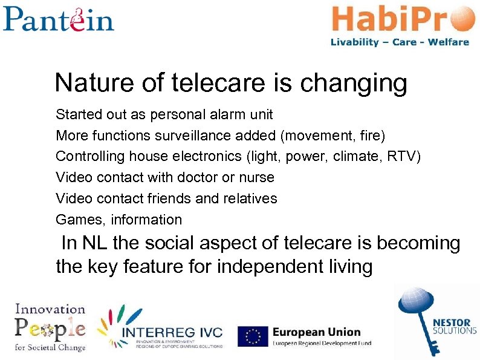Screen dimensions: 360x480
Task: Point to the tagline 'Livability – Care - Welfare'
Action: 400,42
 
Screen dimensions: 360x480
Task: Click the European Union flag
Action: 253,336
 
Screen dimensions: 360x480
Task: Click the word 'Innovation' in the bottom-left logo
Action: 50,309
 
